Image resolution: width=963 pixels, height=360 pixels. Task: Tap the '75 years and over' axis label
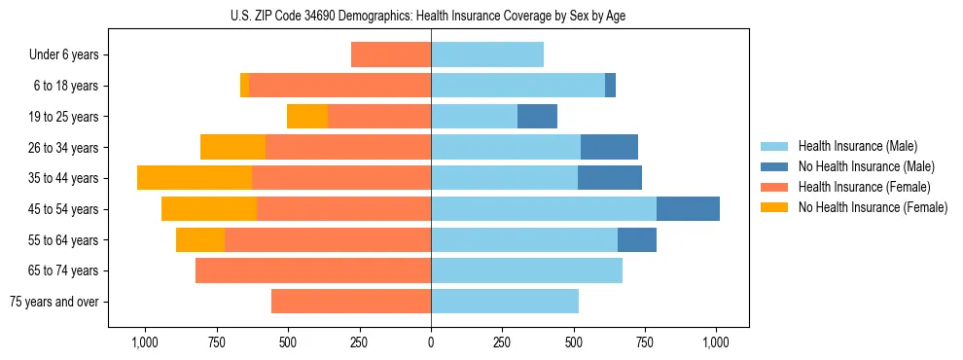53,302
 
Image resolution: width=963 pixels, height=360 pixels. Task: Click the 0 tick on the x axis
431,343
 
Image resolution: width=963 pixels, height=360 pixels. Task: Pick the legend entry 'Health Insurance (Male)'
857,146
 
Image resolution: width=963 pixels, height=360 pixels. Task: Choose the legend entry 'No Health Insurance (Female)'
873,207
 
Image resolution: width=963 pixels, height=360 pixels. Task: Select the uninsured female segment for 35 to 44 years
195,178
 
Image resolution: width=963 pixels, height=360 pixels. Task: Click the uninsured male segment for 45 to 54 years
688,209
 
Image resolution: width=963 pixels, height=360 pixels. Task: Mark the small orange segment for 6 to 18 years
244,86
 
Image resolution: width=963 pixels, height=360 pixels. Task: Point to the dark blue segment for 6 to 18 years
610,86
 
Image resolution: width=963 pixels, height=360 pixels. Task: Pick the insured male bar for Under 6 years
487,55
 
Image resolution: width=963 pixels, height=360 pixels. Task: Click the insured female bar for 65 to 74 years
313,270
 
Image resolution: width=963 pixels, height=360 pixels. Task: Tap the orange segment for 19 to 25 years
307,117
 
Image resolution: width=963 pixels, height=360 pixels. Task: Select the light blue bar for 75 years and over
505,302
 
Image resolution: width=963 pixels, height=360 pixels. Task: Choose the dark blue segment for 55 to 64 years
637,239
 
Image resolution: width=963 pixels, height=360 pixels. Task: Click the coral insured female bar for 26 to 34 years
348,147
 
